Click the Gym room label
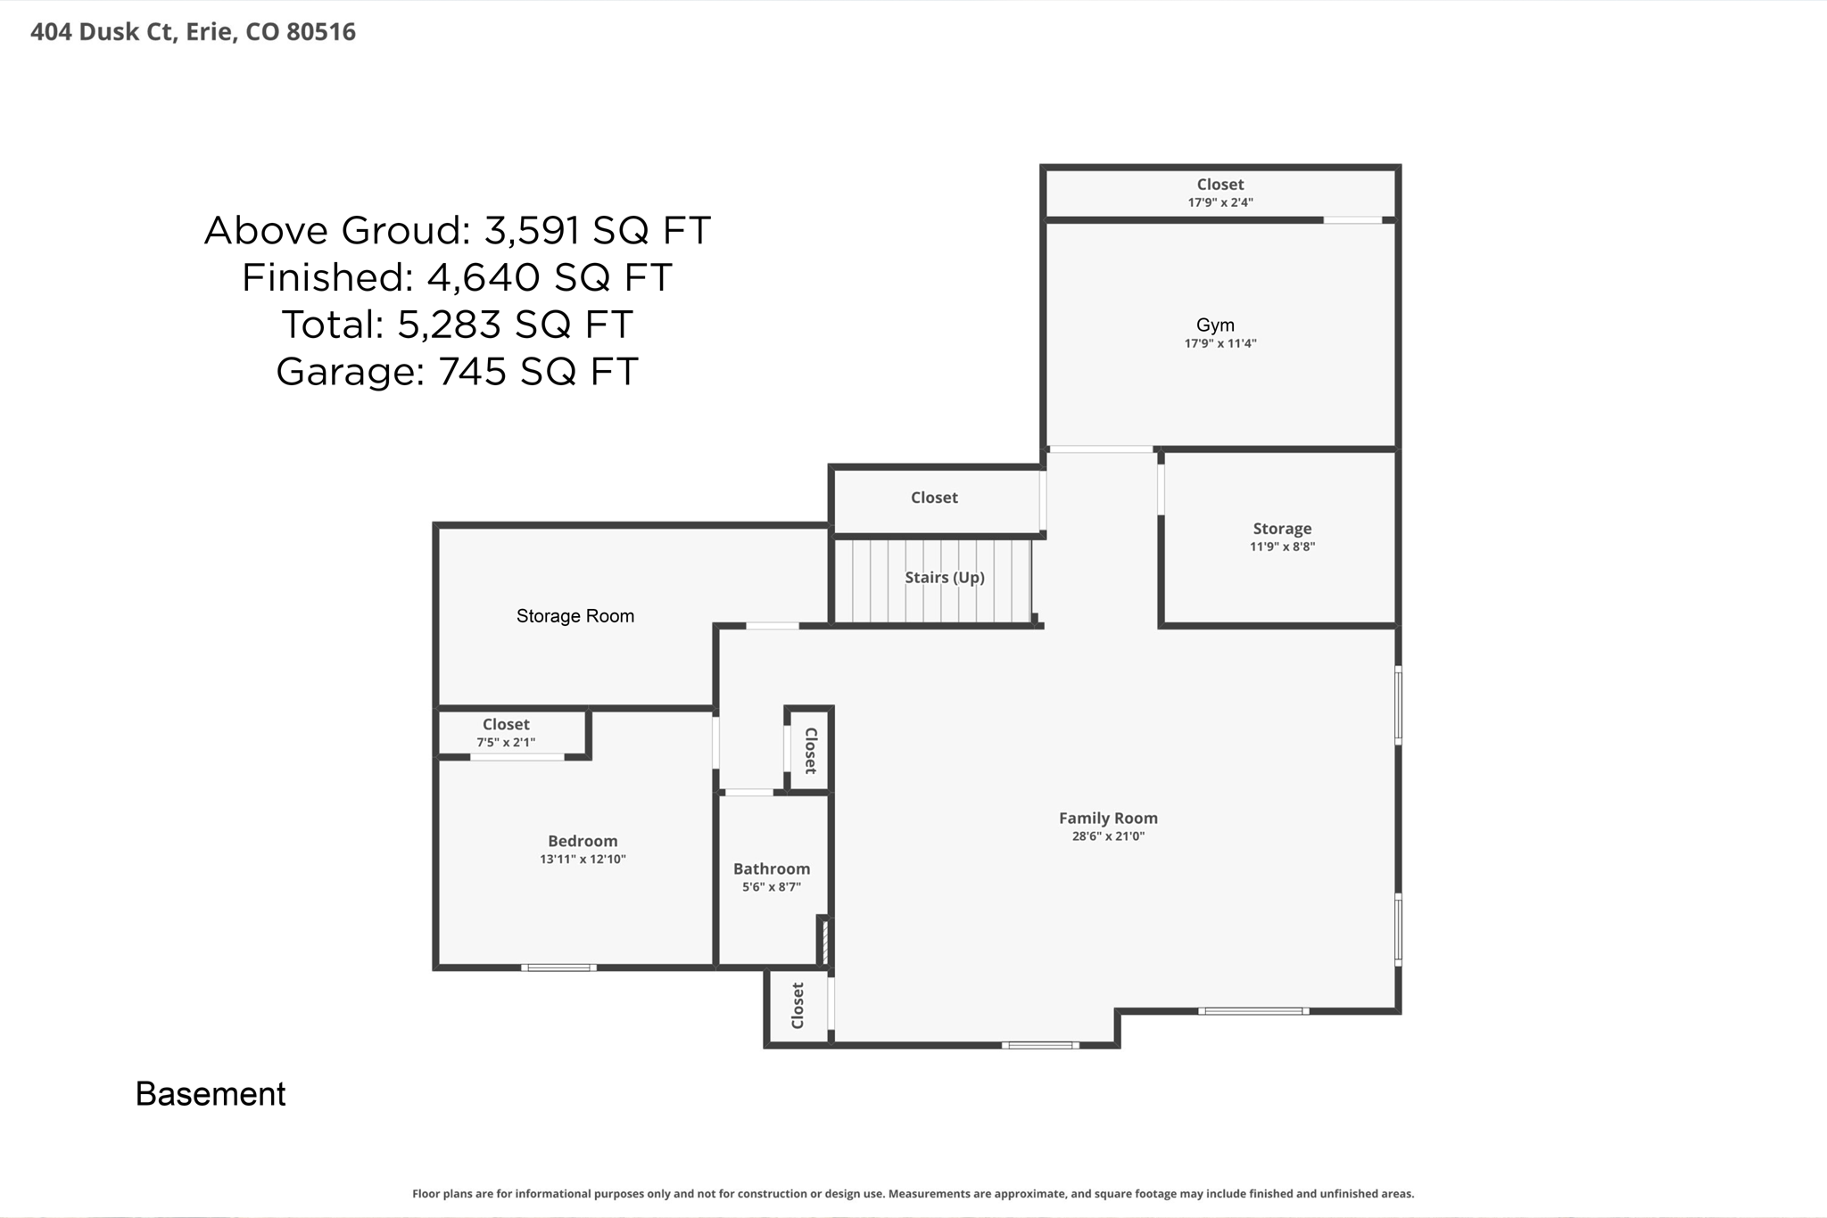click(x=1215, y=325)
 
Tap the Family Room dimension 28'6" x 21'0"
click(x=1108, y=836)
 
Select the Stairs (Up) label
click(x=944, y=578)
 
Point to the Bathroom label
click(x=772, y=868)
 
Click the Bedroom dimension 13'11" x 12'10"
click(x=583, y=860)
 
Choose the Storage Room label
click(x=575, y=616)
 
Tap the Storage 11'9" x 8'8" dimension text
click(x=1282, y=547)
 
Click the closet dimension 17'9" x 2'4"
click(x=1219, y=202)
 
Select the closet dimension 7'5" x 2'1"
click(x=506, y=743)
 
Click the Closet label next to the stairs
click(x=934, y=498)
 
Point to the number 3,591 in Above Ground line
click(x=533, y=231)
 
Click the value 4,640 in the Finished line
click(x=483, y=277)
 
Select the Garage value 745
click(x=473, y=372)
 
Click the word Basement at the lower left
click(x=211, y=1094)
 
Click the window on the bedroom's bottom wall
click(x=558, y=967)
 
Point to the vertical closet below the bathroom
click(x=798, y=1006)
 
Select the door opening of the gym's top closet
click(x=1352, y=219)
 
